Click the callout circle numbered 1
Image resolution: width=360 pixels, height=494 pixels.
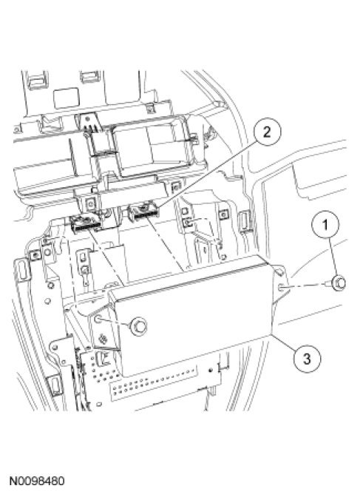coord(325,224)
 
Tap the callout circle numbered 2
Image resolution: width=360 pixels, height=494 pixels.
coord(267,132)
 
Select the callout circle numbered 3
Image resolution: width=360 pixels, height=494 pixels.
coord(307,359)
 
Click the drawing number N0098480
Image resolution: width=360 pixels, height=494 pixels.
coord(37,481)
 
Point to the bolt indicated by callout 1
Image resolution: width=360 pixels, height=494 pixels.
coord(339,282)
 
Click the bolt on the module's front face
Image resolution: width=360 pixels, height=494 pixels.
coord(138,326)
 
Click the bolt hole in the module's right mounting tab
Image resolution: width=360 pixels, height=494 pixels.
coord(282,287)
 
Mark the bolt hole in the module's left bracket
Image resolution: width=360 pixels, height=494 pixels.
coord(98,319)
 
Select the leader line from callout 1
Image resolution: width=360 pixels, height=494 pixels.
coord(331,257)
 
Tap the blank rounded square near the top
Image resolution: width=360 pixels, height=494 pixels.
coord(66,98)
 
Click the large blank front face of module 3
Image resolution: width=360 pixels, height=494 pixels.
coord(192,325)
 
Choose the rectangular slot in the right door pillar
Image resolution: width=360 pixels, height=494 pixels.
coord(244,223)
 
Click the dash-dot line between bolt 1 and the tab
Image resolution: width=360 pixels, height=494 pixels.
coord(306,285)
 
